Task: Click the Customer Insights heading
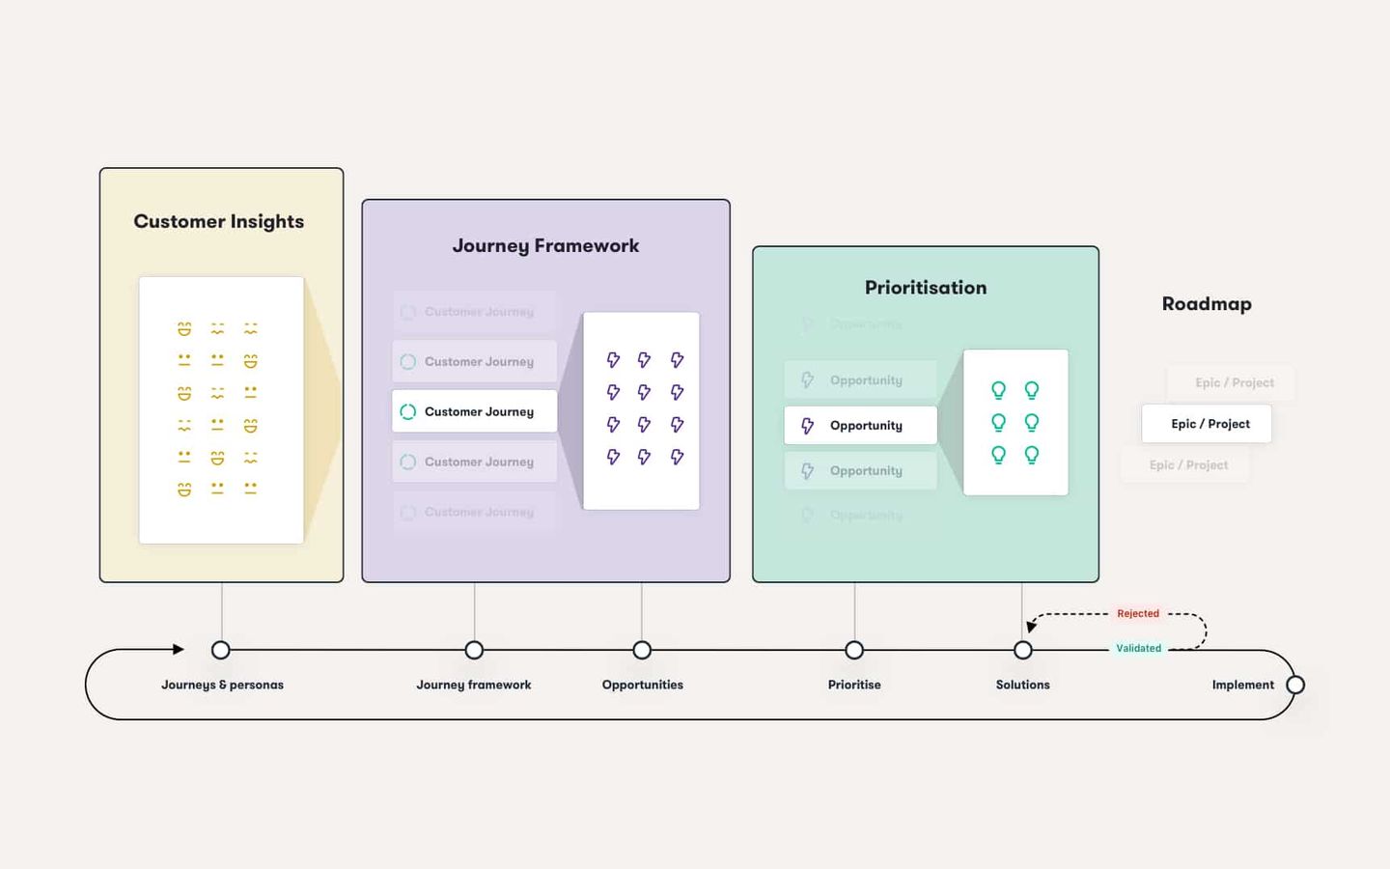219,221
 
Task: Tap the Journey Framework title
545,245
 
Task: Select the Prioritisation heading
925,287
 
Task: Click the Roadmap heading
1207,303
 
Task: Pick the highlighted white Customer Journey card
474,411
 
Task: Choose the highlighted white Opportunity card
860,425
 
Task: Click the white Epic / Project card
1207,424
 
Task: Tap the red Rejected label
1138,613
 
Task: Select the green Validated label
1139,648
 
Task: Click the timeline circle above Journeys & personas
221,650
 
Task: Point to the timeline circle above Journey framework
474,650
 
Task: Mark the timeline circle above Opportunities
642,650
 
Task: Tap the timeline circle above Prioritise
854,650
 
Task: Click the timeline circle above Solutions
1023,650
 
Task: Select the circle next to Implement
1295,685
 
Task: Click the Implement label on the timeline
1242,685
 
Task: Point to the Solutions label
1022,685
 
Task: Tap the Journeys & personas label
222,685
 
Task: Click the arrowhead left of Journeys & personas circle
179,649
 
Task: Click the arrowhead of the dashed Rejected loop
1031,627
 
